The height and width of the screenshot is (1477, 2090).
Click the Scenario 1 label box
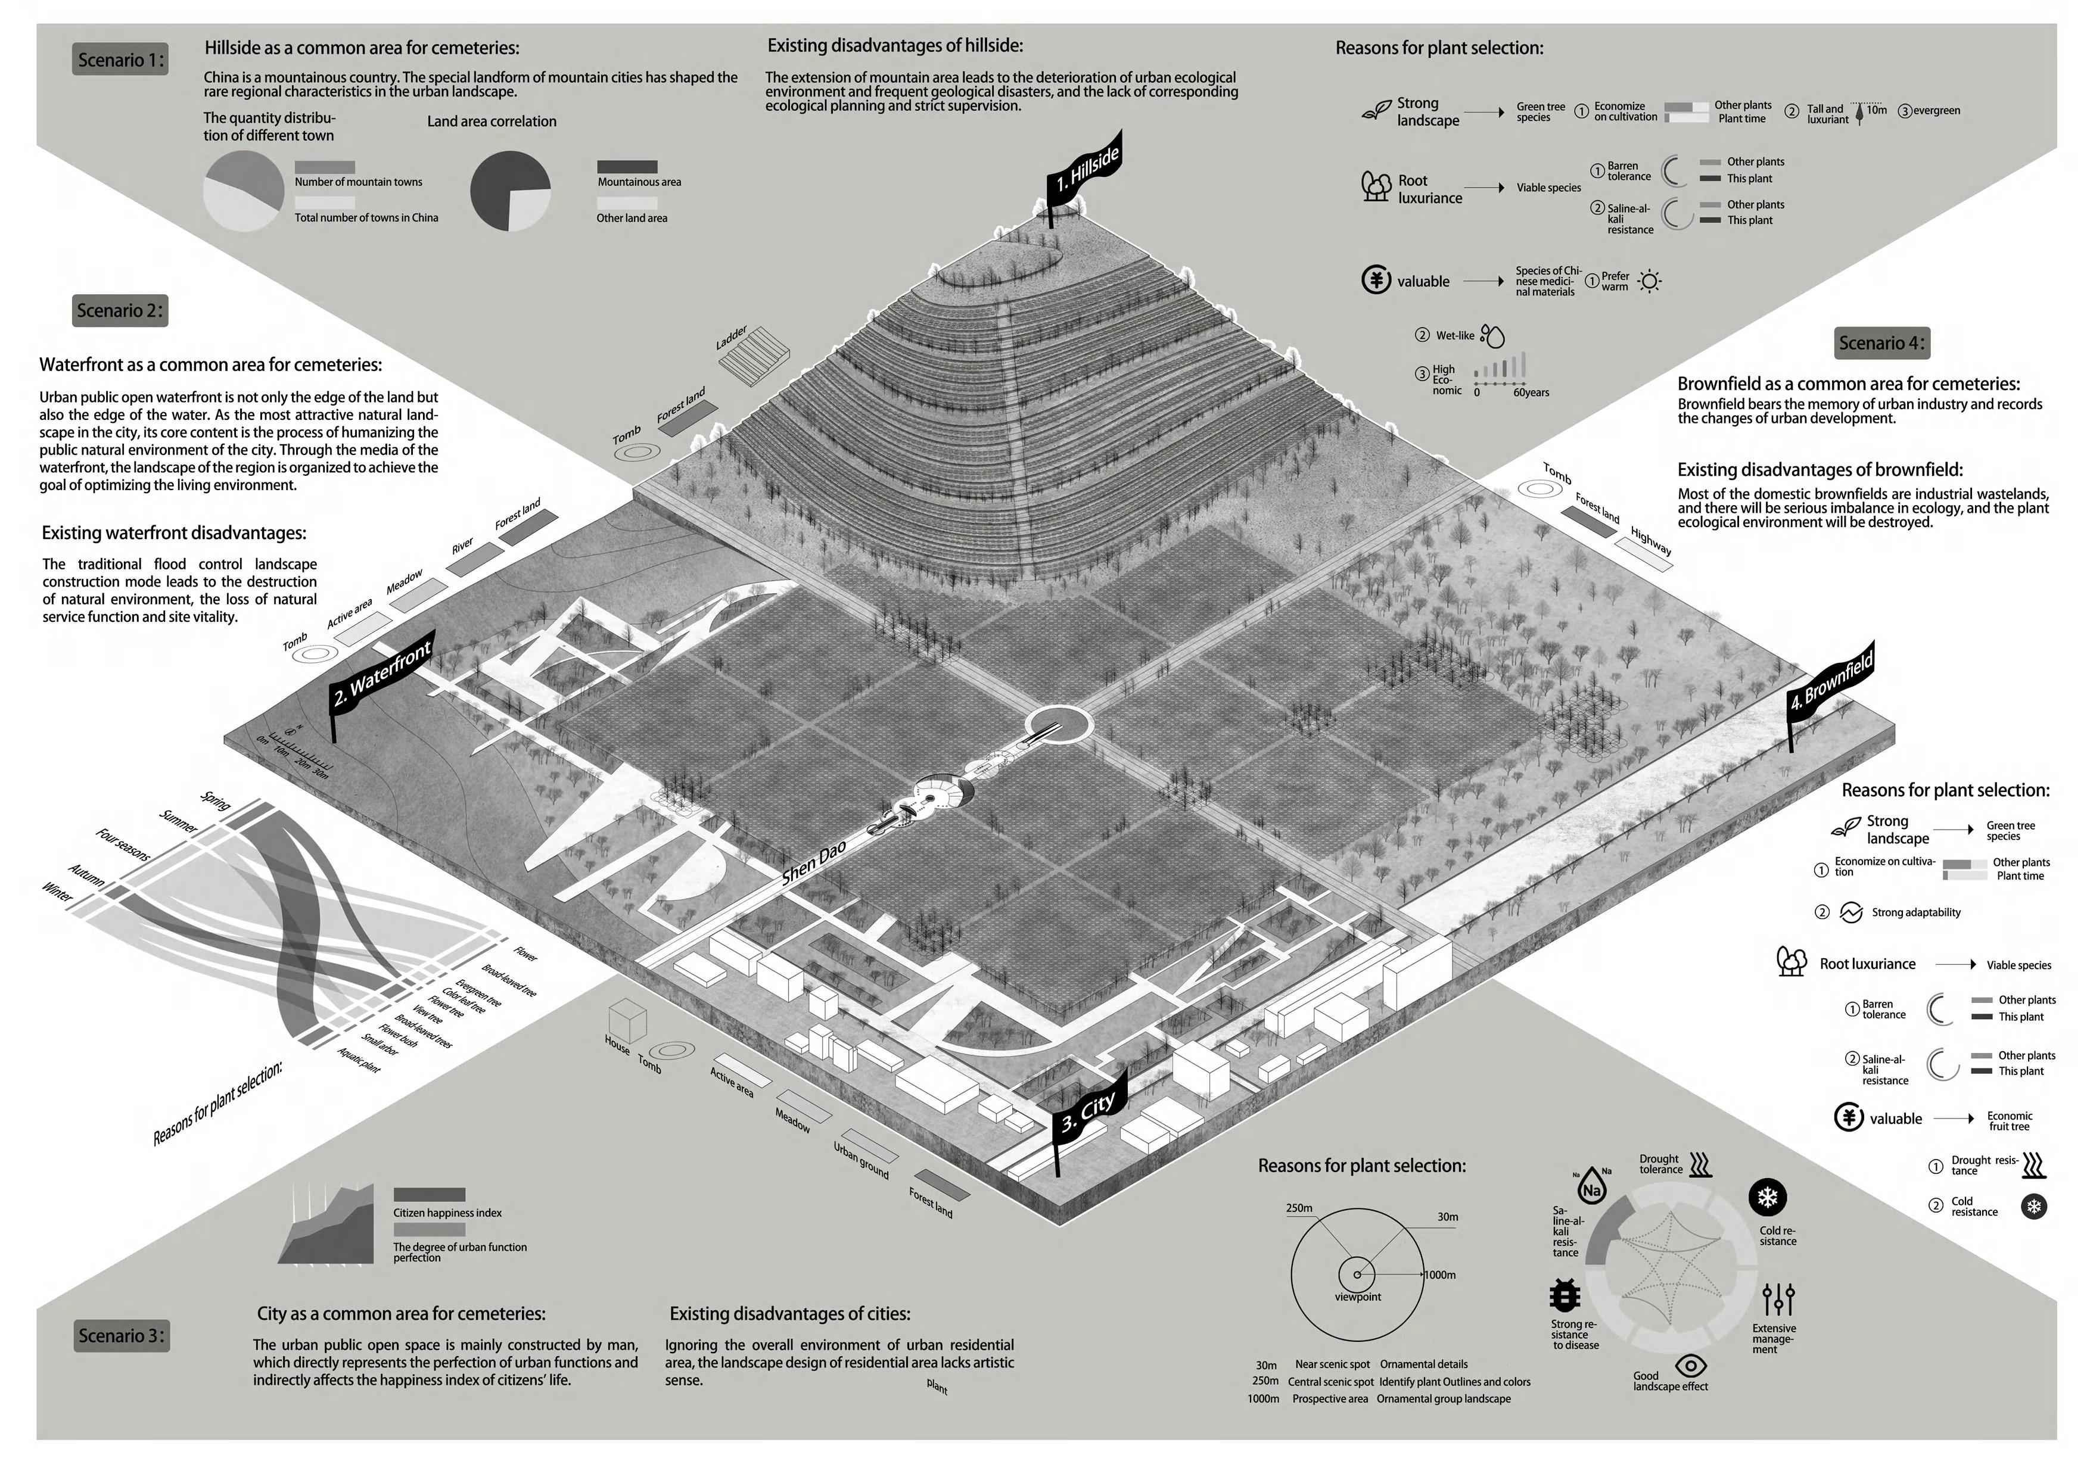[x=120, y=60]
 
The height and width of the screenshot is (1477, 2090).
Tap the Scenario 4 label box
[x=1881, y=343]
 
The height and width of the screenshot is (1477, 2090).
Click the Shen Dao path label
[x=814, y=864]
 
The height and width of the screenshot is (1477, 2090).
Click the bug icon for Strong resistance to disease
[x=1564, y=1294]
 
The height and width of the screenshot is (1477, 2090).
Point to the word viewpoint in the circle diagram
[x=1357, y=1297]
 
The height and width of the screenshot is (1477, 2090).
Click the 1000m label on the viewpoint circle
[x=1439, y=1275]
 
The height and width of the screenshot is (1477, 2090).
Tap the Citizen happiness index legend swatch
[x=429, y=1194]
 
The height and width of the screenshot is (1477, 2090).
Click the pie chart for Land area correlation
[x=510, y=191]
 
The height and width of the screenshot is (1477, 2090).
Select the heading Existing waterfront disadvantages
[x=174, y=533]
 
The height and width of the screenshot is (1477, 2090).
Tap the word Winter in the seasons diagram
[x=57, y=892]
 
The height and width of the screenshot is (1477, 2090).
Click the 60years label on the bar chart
[x=1531, y=392]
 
